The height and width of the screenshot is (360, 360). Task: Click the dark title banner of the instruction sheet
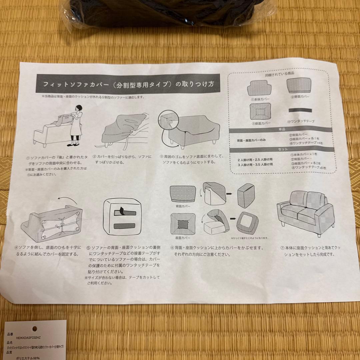click(x=128, y=84)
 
